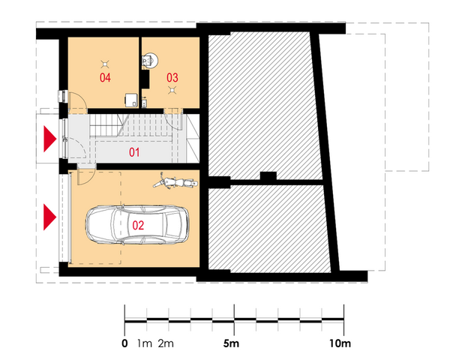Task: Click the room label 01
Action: coord(134,152)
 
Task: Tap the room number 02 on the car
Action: coord(138,225)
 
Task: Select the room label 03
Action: coord(172,78)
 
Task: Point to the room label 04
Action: coord(105,78)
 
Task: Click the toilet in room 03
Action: coord(150,61)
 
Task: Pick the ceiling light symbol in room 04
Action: coord(105,64)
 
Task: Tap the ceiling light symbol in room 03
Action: coord(172,90)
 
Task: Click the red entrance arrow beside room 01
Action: coord(49,139)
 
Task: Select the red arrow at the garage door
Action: coord(49,217)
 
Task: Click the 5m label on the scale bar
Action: coord(231,343)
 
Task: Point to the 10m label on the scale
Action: coord(340,343)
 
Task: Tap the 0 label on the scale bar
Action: coord(124,343)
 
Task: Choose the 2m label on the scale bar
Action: coord(166,343)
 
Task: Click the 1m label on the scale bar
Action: coord(145,343)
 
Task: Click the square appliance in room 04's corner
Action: coord(131,100)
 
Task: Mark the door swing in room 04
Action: coord(77,100)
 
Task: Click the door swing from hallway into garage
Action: coord(86,177)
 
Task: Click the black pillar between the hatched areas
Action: coord(268,175)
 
